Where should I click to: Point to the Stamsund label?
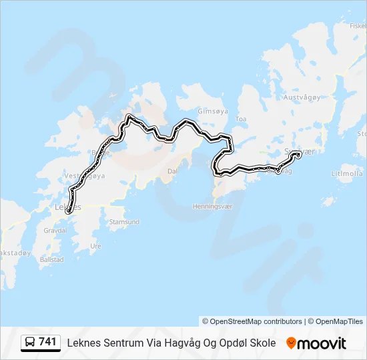click(x=123, y=221)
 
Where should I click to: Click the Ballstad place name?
click(x=52, y=259)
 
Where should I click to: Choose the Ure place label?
click(x=95, y=245)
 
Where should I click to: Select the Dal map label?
click(x=171, y=171)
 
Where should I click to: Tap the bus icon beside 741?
click(x=30, y=343)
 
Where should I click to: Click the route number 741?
click(x=47, y=342)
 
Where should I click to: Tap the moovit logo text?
click(x=322, y=343)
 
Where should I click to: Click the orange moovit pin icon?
click(x=291, y=343)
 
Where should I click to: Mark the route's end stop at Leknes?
click(x=69, y=212)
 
